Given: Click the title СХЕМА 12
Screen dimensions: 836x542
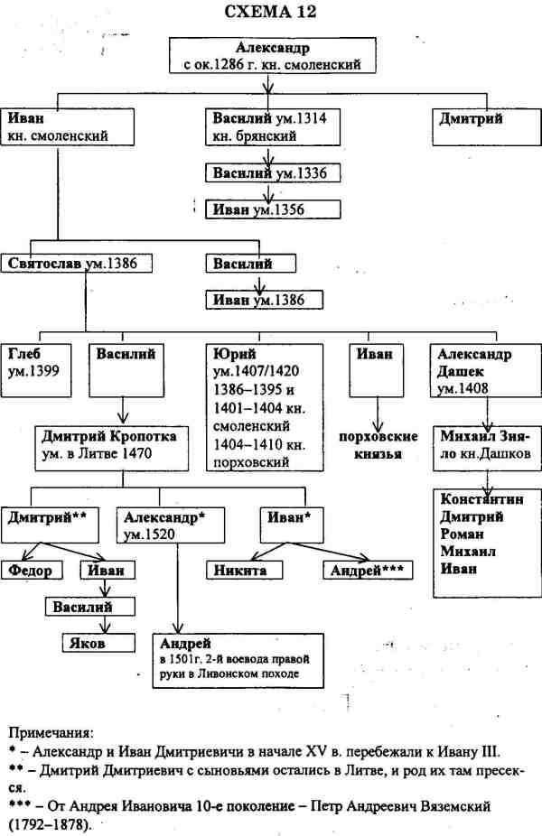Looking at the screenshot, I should click(270, 13).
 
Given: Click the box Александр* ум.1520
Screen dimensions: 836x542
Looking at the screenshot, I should click(166, 525).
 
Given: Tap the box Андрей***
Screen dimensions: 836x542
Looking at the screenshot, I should click(365, 570).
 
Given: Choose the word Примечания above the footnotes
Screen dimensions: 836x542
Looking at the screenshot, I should click(54, 732).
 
